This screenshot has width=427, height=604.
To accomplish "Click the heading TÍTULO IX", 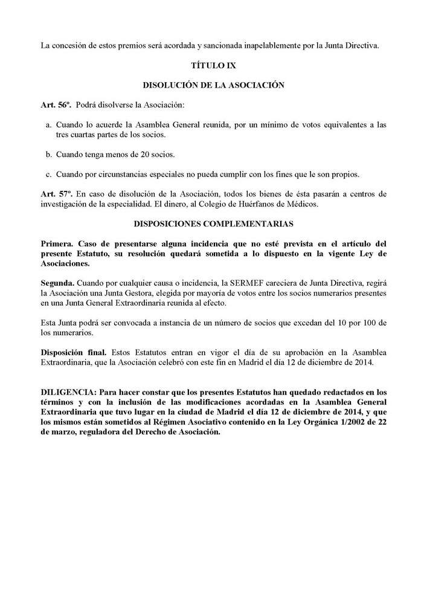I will [213, 65].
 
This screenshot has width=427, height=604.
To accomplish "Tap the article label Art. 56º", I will [56, 105].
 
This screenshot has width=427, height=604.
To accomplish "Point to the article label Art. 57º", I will [56, 194].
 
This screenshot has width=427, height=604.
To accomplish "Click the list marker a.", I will [49, 125].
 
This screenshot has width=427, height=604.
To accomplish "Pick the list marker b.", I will [49, 155].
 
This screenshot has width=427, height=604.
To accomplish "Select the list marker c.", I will [49, 175].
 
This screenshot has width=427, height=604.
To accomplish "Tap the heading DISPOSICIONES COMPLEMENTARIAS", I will [213, 224].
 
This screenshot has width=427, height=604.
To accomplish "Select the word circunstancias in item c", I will [132, 175].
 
